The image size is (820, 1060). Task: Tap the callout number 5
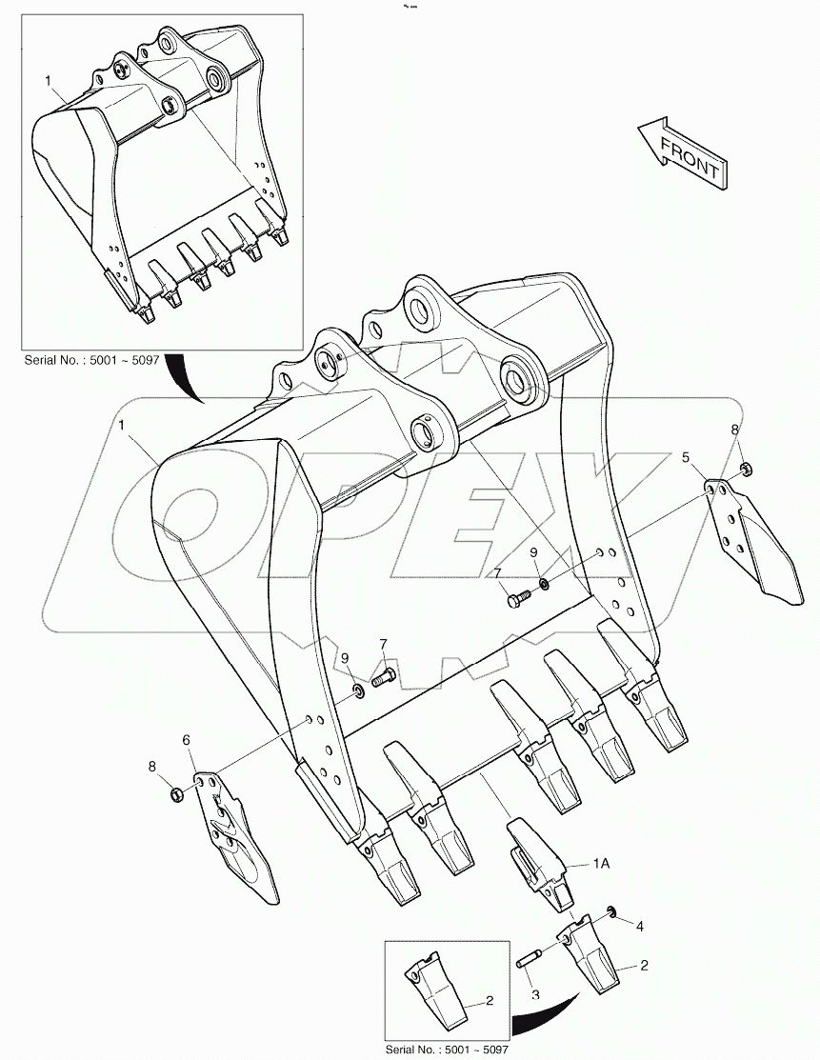click(x=685, y=459)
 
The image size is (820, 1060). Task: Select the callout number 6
click(x=187, y=739)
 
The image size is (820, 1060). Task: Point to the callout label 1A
click(x=601, y=864)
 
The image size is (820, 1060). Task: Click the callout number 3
click(x=535, y=994)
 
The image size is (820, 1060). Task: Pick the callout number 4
click(x=640, y=925)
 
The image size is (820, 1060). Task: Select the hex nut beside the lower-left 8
click(x=175, y=792)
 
